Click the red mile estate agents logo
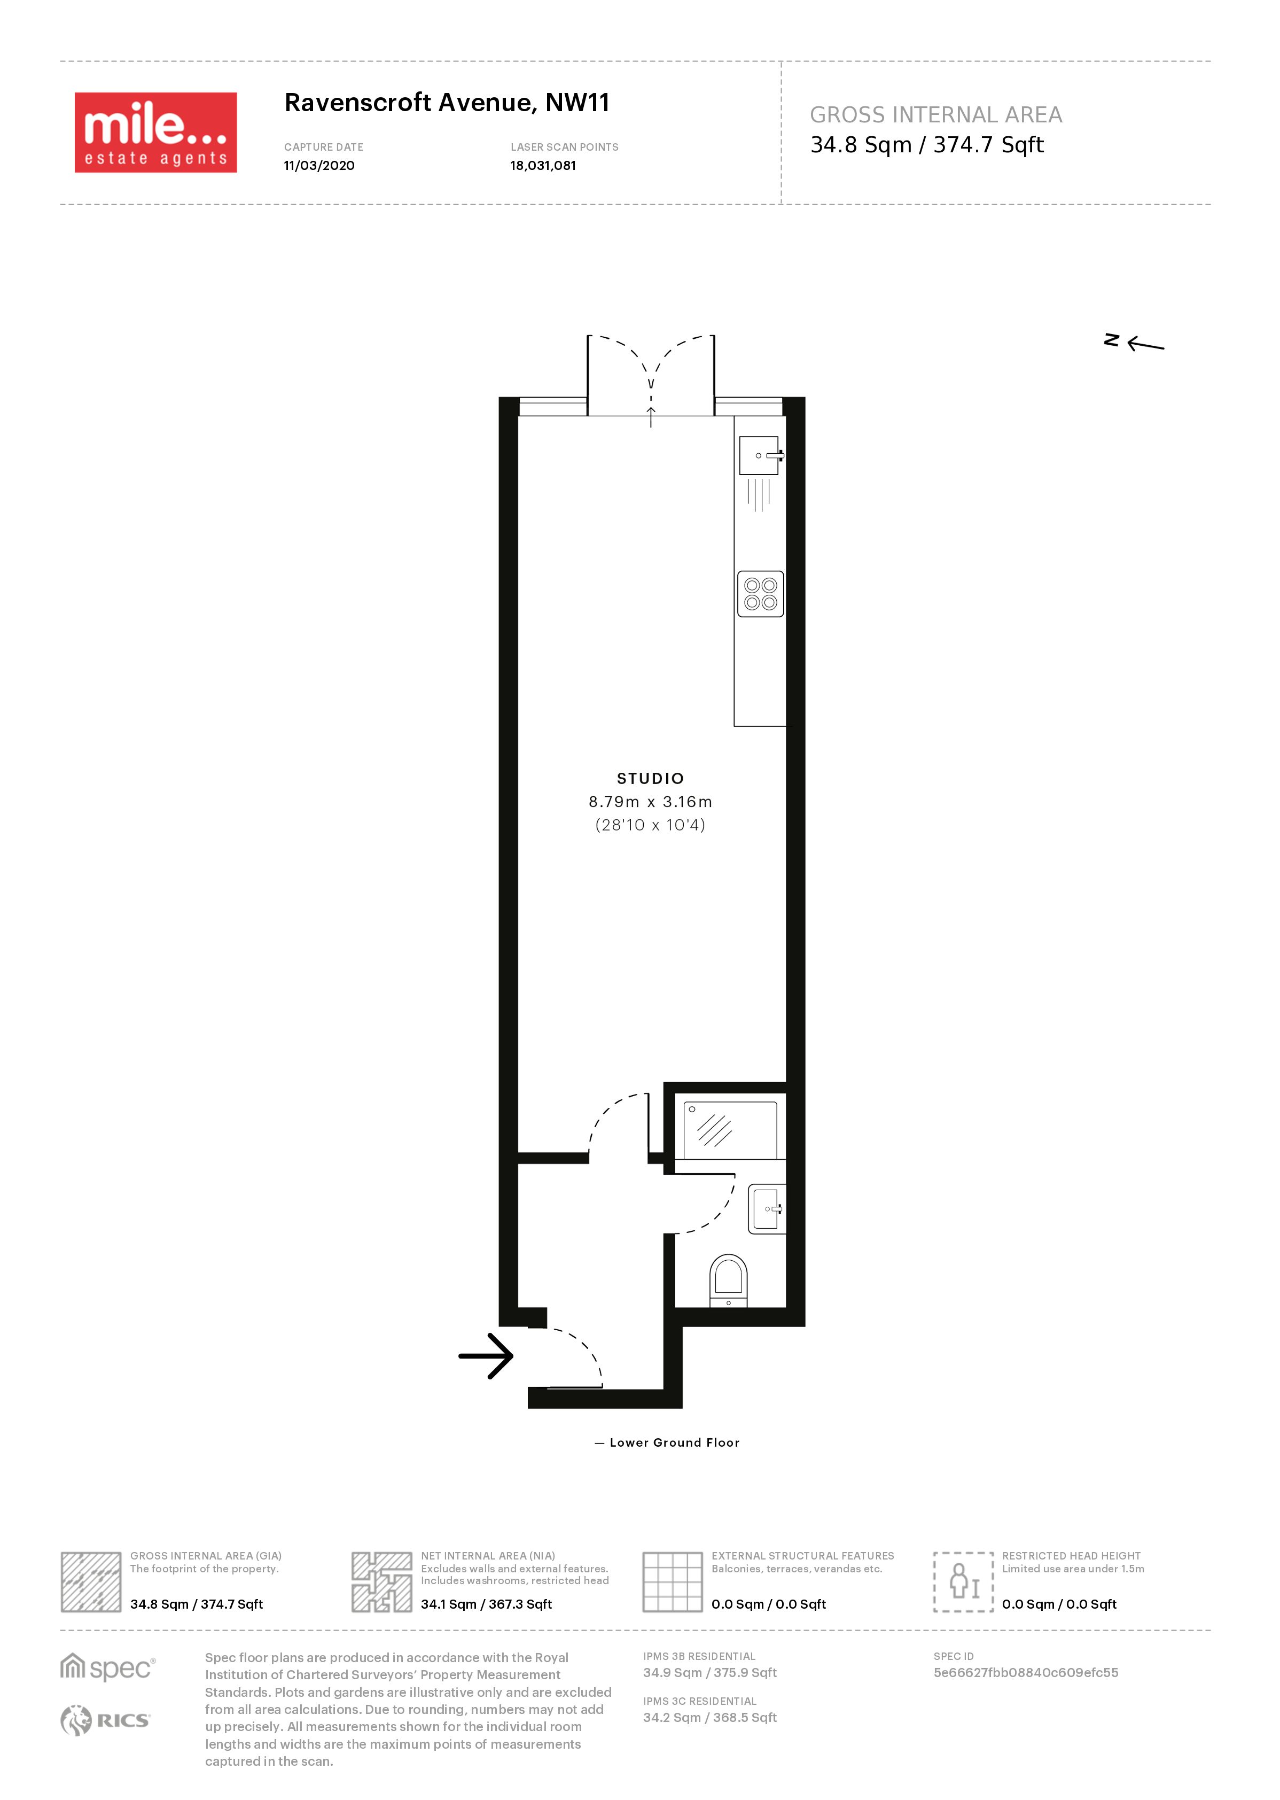click(156, 133)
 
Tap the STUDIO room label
click(650, 779)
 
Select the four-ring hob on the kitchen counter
click(761, 594)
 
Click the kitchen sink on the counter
click(761, 456)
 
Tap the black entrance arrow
click(486, 1356)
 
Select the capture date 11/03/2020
click(319, 166)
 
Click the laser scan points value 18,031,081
click(543, 166)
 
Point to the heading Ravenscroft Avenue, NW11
click(447, 103)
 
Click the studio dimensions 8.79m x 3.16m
click(650, 802)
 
